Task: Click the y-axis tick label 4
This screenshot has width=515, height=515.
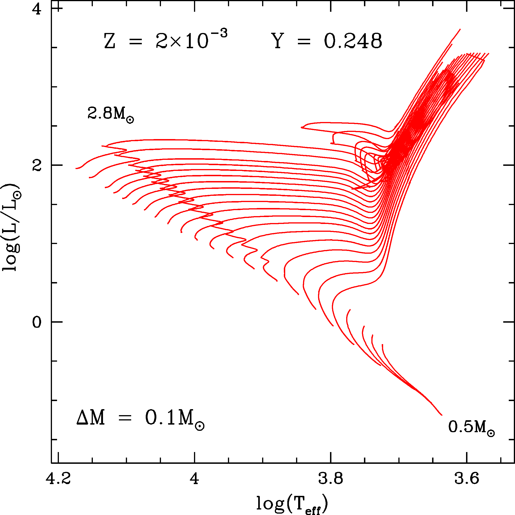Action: (x=36, y=10)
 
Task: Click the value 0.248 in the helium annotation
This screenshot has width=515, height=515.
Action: (x=353, y=42)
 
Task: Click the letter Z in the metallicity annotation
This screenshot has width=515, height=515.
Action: (x=109, y=42)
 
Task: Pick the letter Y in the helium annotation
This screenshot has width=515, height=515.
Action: (x=278, y=42)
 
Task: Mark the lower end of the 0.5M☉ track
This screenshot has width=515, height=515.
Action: (x=442, y=415)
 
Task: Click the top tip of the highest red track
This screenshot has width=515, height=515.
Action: (x=460, y=29)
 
